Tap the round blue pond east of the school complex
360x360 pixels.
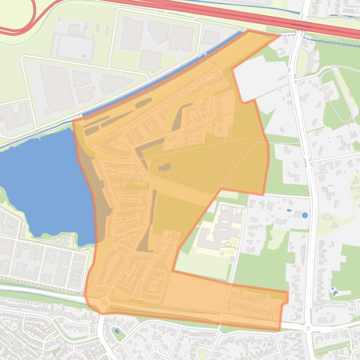(x=305, y=216)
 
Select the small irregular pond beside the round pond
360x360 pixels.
(x=288, y=211)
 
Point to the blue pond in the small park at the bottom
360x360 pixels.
(x=116, y=331)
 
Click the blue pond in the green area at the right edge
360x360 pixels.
(x=335, y=293)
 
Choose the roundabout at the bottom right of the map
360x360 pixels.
(x=308, y=329)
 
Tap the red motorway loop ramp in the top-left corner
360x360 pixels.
(x=19, y=19)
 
